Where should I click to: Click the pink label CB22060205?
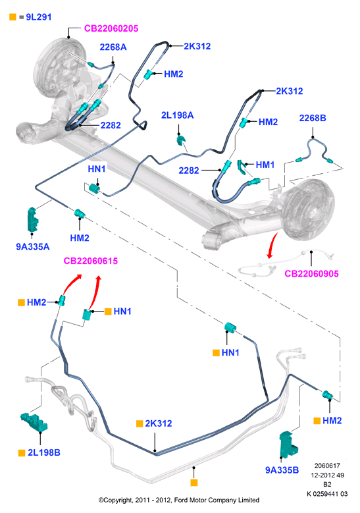coord(111,28)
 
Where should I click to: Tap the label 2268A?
coord(113,47)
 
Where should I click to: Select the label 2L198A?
coord(177,115)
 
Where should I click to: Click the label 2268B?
coord(313,118)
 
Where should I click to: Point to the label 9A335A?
coord(33,247)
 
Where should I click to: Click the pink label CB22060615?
coord(91,261)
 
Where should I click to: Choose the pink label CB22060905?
coord(311,274)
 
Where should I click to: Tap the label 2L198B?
coord(44,452)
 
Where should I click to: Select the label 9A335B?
coord(282,470)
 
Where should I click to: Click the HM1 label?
coord(265,165)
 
